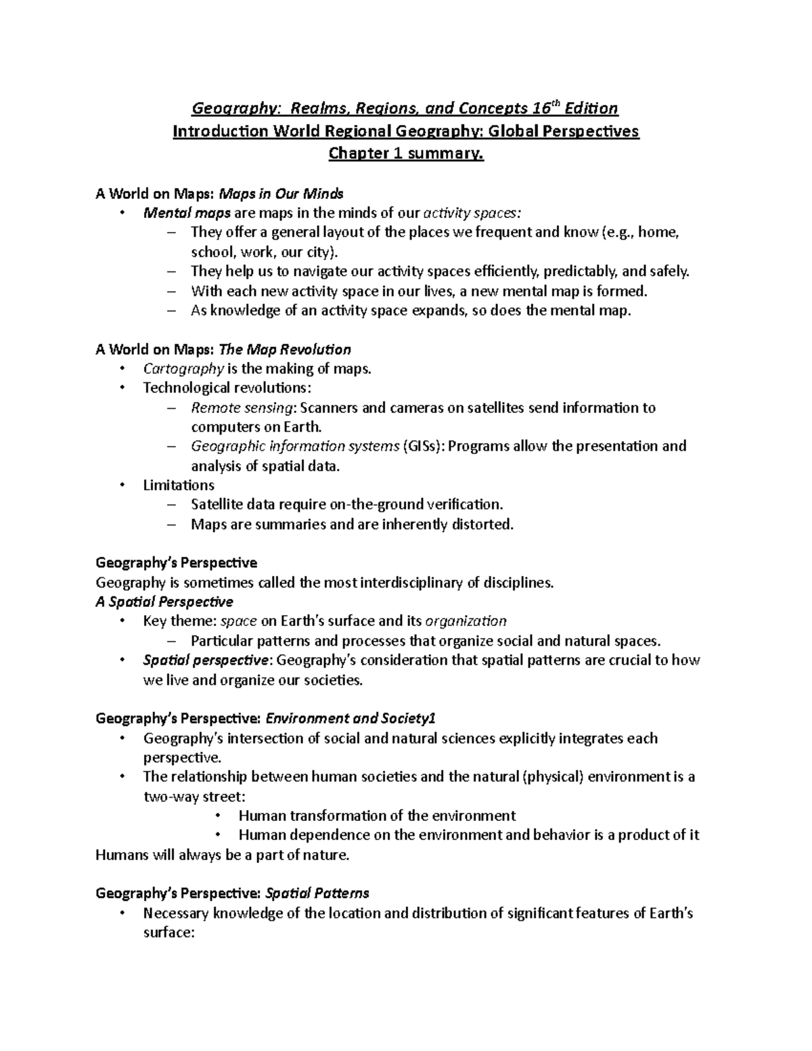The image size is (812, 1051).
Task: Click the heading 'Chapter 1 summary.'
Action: [x=406, y=154]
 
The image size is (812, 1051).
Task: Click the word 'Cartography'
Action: [x=183, y=369]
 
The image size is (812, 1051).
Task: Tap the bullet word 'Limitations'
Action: [x=179, y=485]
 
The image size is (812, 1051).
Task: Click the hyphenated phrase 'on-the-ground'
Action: [x=374, y=504]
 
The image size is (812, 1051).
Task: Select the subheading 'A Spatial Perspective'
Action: [x=164, y=602]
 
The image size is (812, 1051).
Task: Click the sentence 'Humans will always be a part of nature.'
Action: [x=223, y=855]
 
